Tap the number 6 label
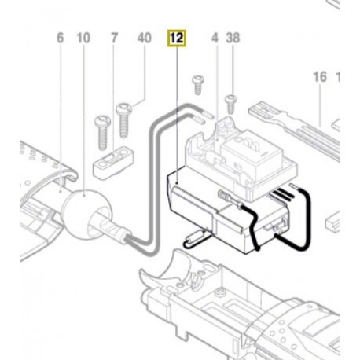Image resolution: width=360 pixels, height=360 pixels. pos(59,37)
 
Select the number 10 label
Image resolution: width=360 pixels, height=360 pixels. pos(84,37)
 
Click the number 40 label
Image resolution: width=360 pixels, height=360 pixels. pos(143,37)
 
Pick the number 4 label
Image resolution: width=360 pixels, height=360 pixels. pos(214,37)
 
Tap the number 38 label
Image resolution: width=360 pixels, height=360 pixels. pos(233,37)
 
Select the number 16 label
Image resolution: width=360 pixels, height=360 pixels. pos(319,79)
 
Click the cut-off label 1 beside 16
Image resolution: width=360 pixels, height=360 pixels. pos(339,79)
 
